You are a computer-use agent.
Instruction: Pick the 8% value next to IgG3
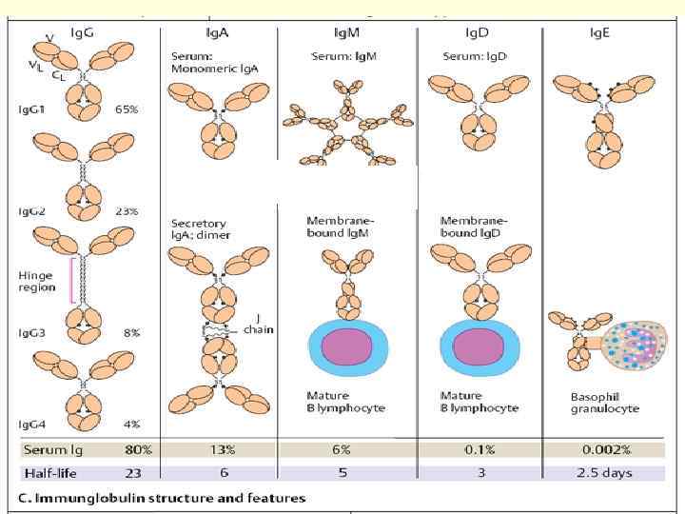tap(131, 333)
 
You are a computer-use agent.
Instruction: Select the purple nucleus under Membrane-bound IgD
tap(479, 344)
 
